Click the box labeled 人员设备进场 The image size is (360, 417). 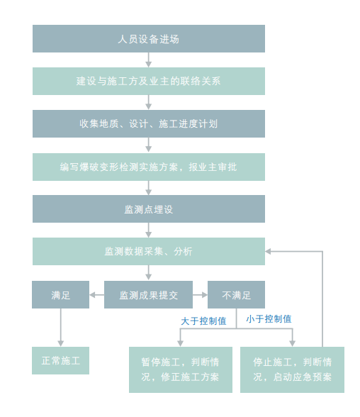coord(149,38)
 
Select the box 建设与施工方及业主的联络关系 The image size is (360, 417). coord(149,81)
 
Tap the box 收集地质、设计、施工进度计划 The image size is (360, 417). coord(149,123)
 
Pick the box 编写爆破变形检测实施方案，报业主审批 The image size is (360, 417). coord(149,167)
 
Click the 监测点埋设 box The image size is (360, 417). coord(149,208)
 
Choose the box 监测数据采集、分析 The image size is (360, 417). coord(149,251)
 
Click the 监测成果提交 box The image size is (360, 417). coord(148,295)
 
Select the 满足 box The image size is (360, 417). coord(60,295)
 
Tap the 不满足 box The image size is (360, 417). coord(236,295)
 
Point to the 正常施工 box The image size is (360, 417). coord(60,360)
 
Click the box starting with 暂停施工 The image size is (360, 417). coord(181,369)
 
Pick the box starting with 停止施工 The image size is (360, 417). coord(292,369)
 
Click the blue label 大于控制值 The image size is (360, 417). coord(203,321)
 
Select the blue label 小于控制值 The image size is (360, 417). coord(269,319)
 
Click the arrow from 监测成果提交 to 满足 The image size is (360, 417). coord(96,295)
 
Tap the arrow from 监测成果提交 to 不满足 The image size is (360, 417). coord(200,295)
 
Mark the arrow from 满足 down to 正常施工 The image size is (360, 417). coord(60,328)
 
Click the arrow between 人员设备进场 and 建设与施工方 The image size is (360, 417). coord(149,60)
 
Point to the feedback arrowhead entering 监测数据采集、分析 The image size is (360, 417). coord(268,251)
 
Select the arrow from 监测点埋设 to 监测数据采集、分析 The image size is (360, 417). coord(149,230)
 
